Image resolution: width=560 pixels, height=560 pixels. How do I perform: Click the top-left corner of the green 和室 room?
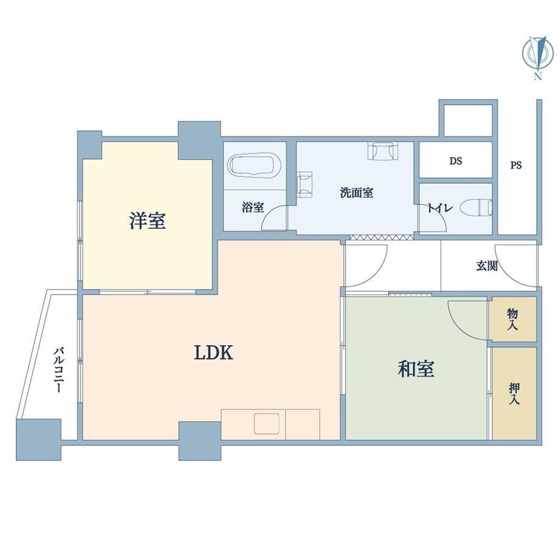pyautogui.click(x=346, y=297)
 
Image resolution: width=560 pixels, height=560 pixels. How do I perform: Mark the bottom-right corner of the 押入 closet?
pyautogui.click(x=536, y=439)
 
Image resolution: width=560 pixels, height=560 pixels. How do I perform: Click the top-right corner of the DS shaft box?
pyautogui.click(x=492, y=142)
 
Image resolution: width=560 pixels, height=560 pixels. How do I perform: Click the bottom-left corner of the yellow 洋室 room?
pyautogui.click(x=83, y=289)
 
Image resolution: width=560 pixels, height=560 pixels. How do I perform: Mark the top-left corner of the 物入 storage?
pyautogui.click(x=489, y=297)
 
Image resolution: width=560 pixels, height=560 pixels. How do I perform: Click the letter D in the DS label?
pyautogui.click(x=452, y=161)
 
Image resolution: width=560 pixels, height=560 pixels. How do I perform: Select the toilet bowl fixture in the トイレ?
pyautogui.click(x=476, y=208)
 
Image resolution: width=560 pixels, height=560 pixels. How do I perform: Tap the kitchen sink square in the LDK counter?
pyautogui.click(x=267, y=424)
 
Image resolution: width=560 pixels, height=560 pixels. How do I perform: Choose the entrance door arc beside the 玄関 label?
pyautogui.click(x=516, y=265)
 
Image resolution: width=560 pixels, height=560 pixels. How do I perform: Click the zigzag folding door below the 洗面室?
pyautogui.click(x=382, y=237)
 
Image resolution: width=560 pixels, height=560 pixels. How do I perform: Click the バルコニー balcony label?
pyautogui.click(x=58, y=369)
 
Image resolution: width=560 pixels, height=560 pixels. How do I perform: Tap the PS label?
pyautogui.click(x=516, y=166)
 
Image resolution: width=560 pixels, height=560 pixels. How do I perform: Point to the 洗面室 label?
pyautogui.click(x=357, y=193)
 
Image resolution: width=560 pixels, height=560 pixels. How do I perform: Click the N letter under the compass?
pyautogui.click(x=537, y=76)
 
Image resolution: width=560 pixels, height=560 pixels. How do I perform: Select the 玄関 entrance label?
pyautogui.click(x=487, y=265)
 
